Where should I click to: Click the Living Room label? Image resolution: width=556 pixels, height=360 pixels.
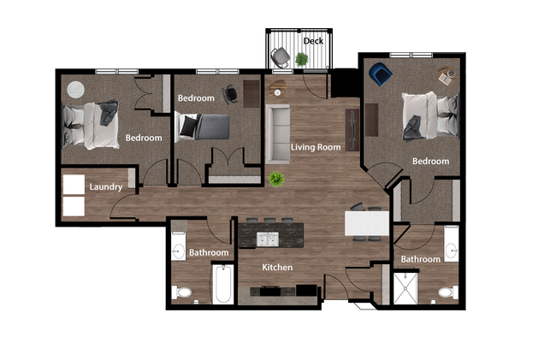pos(316,147)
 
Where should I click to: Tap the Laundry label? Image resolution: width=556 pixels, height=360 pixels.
pos(106,186)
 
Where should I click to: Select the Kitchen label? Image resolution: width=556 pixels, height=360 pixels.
pos(277,268)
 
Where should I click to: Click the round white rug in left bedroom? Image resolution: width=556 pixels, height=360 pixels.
pos(75,89)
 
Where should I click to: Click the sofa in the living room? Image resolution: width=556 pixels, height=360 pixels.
pos(278,133)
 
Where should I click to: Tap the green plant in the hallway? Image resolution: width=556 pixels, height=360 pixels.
pos(276,179)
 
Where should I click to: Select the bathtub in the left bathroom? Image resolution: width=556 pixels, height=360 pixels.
pos(222,284)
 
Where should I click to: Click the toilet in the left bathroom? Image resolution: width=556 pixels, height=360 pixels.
pos(182,292)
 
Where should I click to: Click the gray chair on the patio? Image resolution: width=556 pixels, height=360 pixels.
pos(280,57)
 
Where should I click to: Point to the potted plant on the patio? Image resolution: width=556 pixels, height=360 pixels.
pos(302,59)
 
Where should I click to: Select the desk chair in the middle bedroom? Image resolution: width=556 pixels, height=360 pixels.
pos(230,93)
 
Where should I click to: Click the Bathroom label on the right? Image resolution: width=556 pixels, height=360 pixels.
pos(421,259)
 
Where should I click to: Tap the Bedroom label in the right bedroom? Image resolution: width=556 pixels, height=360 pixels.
pos(430,161)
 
